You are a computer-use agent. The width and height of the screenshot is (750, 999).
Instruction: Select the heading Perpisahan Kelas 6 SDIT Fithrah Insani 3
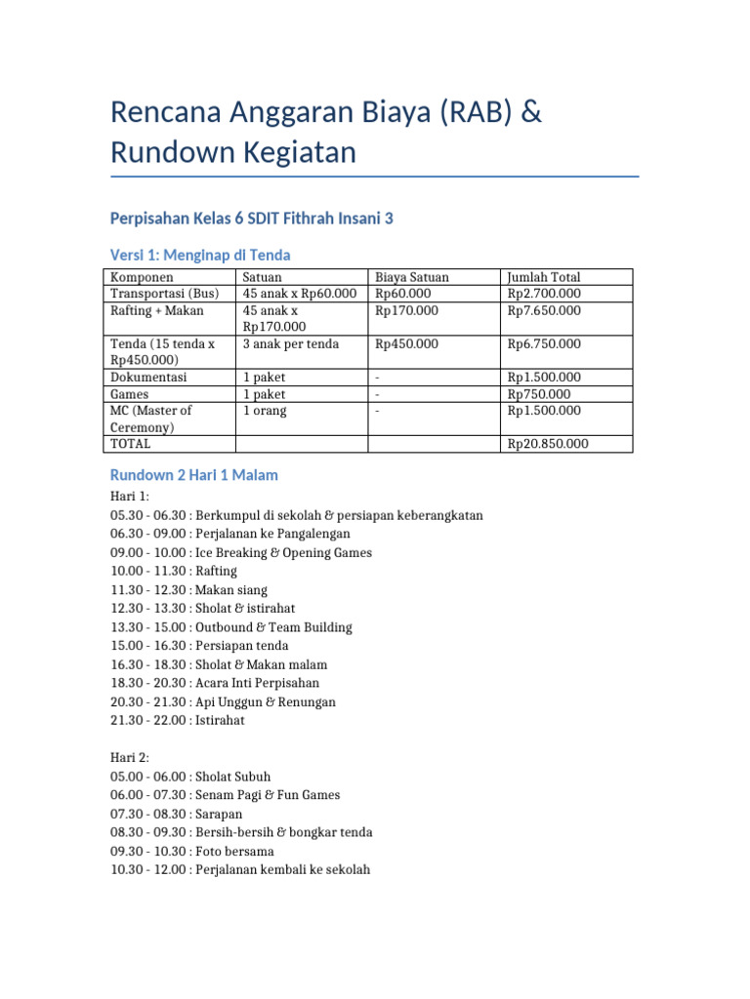coord(252,219)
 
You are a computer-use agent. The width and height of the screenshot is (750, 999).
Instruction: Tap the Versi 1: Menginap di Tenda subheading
coord(200,255)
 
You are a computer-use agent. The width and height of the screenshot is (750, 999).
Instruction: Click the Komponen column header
coord(142,277)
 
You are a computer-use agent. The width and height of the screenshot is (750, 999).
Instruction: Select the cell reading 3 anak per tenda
coord(291,343)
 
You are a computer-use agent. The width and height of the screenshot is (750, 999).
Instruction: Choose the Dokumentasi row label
coord(148,377)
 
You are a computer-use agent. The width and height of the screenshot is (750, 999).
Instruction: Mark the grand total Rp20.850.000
coord(548,444)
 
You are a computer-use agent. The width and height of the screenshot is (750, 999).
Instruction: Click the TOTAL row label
coord(131,444)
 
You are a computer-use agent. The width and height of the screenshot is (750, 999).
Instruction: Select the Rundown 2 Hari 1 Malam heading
coord(194,475)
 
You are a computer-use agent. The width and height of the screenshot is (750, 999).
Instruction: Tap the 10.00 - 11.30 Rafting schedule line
coord(174,571)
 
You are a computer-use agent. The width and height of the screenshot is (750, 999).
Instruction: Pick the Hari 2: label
coord(130,758)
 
